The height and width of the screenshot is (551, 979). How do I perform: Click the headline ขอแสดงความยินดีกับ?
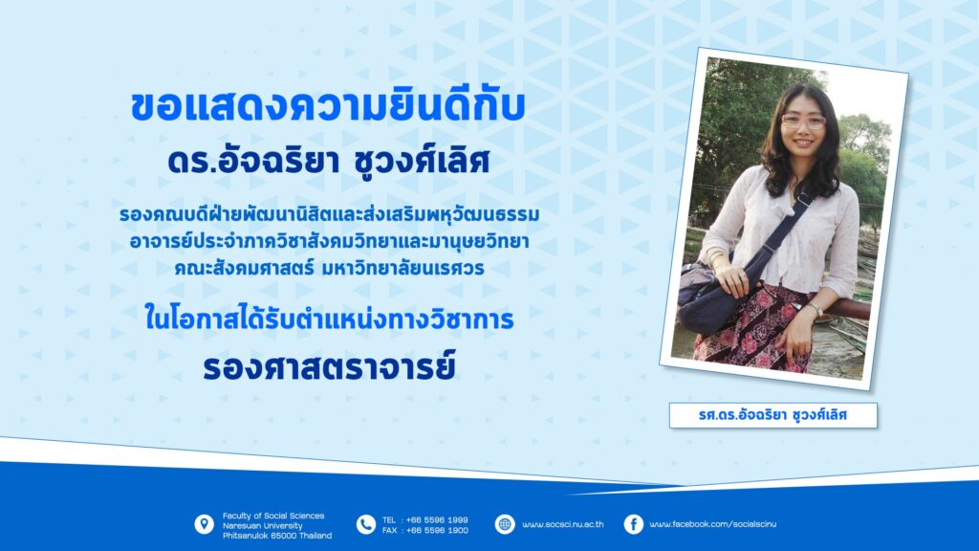coord(328,106)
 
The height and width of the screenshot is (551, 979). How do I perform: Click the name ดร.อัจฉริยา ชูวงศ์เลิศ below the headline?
coord(329,161)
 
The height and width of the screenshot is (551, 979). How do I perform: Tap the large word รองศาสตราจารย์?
coord(329,367)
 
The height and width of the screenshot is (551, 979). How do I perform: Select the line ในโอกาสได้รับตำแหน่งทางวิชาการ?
coord(329,318)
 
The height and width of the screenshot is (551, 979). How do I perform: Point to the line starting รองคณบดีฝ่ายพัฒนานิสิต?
coord(329,215)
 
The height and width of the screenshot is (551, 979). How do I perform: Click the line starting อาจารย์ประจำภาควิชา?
coord(329,241)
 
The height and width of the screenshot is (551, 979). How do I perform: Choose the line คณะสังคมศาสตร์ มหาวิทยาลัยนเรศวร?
coord(329,268)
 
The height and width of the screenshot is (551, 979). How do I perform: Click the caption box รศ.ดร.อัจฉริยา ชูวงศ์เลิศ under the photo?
coord(772,415)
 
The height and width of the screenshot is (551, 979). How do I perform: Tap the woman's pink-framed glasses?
coord(803,121)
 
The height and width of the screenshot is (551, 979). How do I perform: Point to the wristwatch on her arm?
coord(815,309)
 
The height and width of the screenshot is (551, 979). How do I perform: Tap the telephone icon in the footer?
coord(365,525)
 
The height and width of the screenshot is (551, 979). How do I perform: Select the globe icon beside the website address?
coord(505,524)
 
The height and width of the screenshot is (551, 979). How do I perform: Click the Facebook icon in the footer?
coord(633,524)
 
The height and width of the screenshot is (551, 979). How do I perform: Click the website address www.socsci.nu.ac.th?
coord(562,524)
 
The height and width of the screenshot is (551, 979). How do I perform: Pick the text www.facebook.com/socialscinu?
coord(713,524)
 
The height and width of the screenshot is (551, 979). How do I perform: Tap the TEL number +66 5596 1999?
coord(436,519)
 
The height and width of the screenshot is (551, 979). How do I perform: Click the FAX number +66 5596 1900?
coord(436,530)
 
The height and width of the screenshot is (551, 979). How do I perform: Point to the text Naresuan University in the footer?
coord(262,526)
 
